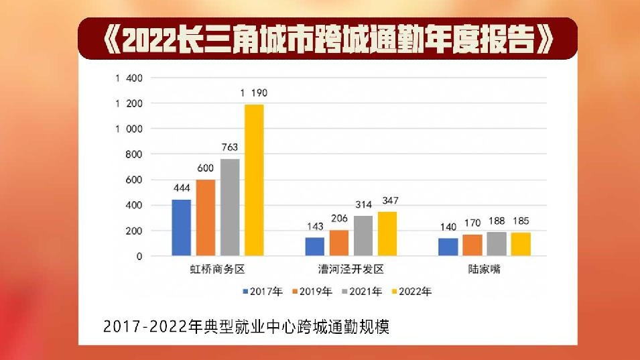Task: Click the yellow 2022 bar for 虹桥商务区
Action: tap(254, 180)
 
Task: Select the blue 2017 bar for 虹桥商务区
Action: tap(182, 227)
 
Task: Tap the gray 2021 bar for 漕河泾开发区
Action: tap(363, 235)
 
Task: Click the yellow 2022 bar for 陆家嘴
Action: tap(521, 244)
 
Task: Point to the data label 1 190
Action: tap(254, 93)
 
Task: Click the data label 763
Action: tap(230, 147)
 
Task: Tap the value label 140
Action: tap(448, 227)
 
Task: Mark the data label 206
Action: tap(339, 219)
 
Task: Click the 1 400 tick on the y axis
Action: tap(129, 78)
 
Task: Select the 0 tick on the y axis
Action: tap(139, 256)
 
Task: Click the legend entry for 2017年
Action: tap(263, 292)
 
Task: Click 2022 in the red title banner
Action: tap(143, 42)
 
